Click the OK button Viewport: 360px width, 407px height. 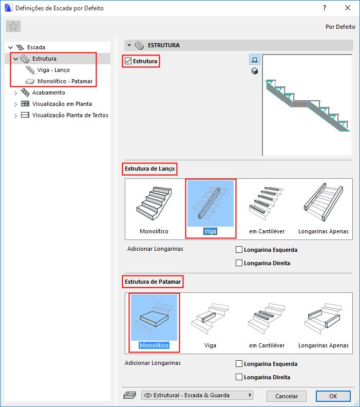[x=333, y=396]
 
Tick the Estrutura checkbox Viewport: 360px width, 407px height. [x=128, y=61]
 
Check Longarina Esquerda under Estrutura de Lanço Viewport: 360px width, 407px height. [x=239, y=250]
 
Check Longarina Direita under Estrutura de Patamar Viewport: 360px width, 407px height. [x=239, y=377]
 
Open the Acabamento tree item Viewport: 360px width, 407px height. [x=48, y=92]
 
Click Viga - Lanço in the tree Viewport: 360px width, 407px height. [x=53, y=70]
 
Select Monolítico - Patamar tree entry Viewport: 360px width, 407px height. [x=65, y=81]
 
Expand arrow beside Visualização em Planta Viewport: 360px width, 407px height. [x=15, y=104]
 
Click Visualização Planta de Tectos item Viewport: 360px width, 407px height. [x=70, y=115]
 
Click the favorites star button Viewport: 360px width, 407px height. [x=13, y=26]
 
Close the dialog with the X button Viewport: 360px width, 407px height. [x=348, y=8]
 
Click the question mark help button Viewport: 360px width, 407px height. [x=325, y=8]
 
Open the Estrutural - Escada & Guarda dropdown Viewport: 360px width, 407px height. [x=197, y=395]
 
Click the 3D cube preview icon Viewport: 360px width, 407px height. [x=255, y=71]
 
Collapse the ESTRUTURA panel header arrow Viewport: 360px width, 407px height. [x=129, y=45]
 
